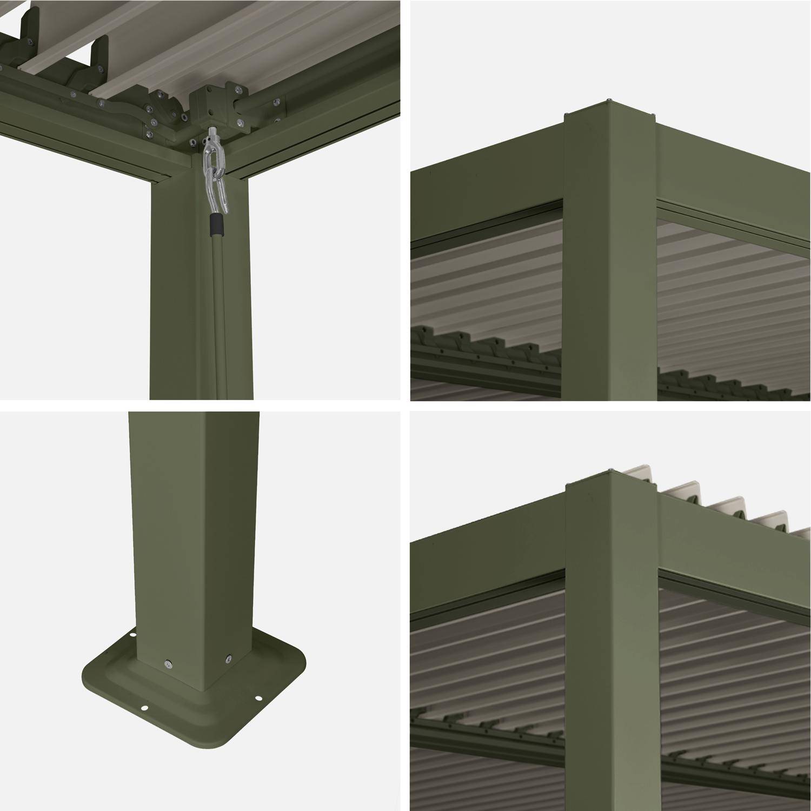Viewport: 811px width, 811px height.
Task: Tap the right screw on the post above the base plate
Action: pos(228,659)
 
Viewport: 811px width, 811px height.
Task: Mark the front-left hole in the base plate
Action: pos(144,708)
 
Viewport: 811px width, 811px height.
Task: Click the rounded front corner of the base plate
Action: pos(216,743)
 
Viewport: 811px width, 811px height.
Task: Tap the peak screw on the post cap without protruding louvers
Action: pos(609,101)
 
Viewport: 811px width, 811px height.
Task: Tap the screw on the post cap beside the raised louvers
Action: pos(610,469)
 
